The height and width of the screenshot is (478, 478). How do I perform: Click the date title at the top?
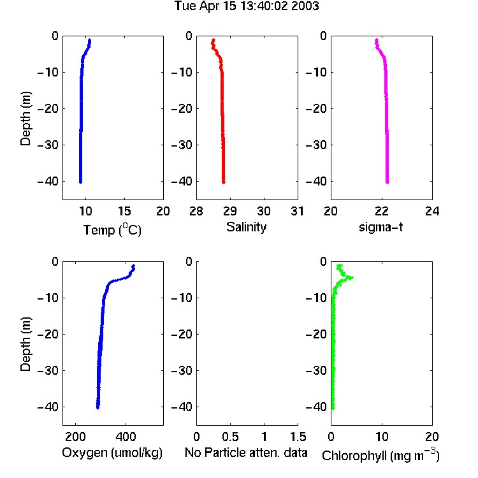click(x=247, y=6)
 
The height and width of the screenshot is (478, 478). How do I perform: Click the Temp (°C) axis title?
click(x=112, y=229)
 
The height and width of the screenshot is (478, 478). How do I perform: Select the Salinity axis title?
click(x=246, y=227)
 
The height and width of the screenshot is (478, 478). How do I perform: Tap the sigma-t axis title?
click(x=380, y=227)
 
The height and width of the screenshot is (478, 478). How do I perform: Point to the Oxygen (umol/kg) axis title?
click(x=112, y=453)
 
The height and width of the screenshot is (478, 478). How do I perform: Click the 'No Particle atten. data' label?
click(x=246, y=453)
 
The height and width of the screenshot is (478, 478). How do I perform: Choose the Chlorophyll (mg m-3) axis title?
click(x=380, y=455)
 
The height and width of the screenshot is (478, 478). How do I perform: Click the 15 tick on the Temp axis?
click(x=124, y=211)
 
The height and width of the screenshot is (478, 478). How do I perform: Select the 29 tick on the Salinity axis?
click(x=230, y=211)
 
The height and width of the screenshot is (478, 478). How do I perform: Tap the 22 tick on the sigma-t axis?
click(x=381, y=211)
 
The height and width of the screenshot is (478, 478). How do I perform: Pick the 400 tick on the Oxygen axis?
click(x=126, y=437)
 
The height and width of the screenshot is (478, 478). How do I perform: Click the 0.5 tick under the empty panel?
click(x=230, y=437)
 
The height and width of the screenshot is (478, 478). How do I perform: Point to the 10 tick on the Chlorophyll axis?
click(x=381, y=437)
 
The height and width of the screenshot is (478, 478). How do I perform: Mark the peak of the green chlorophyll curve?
click(x=351, y=277)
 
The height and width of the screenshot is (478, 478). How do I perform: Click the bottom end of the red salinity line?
click(x=224, y=183)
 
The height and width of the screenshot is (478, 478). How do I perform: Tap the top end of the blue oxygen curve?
click(x=133, y=266)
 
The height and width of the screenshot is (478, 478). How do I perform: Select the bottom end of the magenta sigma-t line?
click(x=387, y=183)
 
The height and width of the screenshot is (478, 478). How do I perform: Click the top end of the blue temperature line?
click(x=89, y=40)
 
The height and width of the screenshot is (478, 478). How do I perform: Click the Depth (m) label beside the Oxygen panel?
click(x=25, y=344)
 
